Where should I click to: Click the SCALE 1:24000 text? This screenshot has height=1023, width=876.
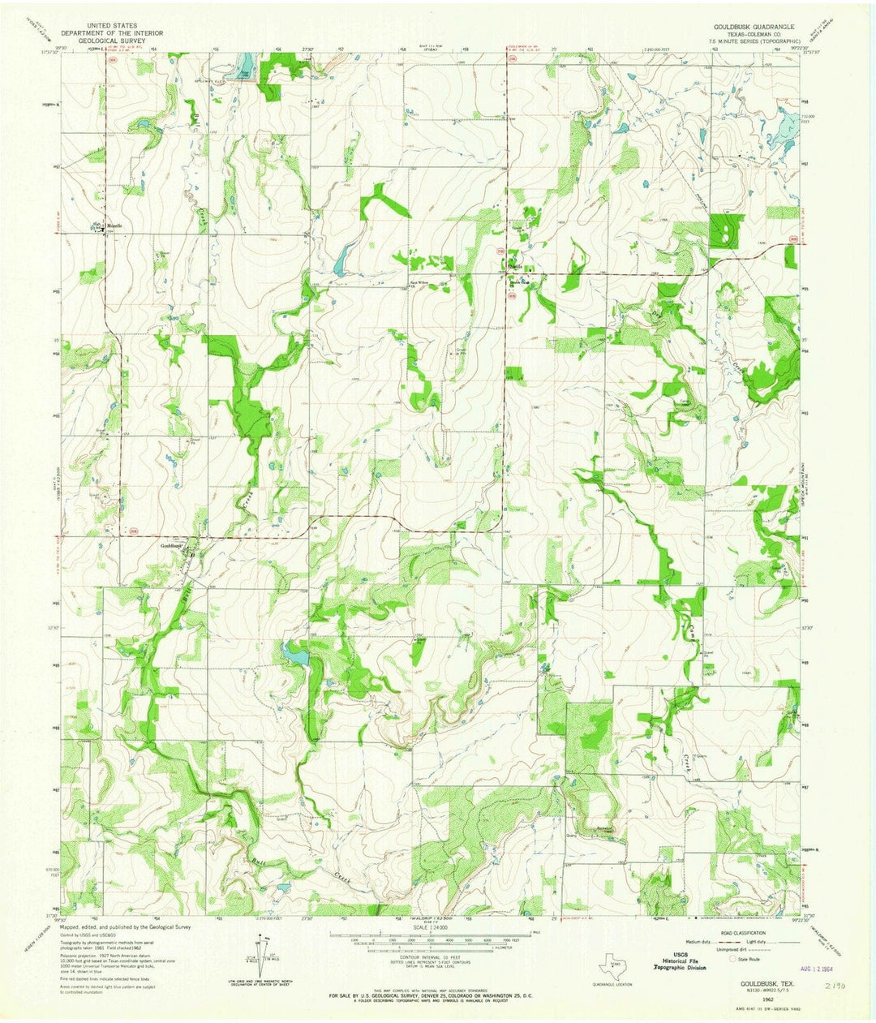pyautogui.click(x=438, y=927)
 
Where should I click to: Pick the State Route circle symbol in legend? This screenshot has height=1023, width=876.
pyautogui.click(x=732, y=959)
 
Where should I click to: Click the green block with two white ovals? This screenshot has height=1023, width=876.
pyautogui.click(x=722, y=235)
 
